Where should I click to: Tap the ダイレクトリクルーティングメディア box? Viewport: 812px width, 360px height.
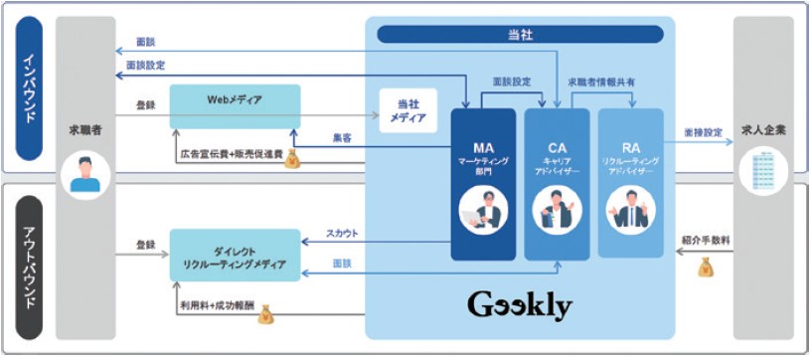(x=235, y=255)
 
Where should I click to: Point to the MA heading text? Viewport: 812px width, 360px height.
(x=483, y=147)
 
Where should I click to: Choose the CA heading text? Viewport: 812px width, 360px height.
(x=557, y=147)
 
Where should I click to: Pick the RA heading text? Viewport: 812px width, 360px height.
(x=630, y=147)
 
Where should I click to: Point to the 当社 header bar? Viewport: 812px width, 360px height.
(x=520, y=34)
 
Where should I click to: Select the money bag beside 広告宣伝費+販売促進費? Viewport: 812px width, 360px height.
(x=292, y=158)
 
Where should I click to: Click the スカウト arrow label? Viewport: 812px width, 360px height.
(x=342, y=234)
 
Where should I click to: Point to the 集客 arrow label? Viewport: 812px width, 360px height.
(x=342, y=138)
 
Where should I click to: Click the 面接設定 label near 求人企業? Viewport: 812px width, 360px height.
(x=701, y=130)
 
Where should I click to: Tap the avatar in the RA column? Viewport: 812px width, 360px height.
(x=630, y=211)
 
